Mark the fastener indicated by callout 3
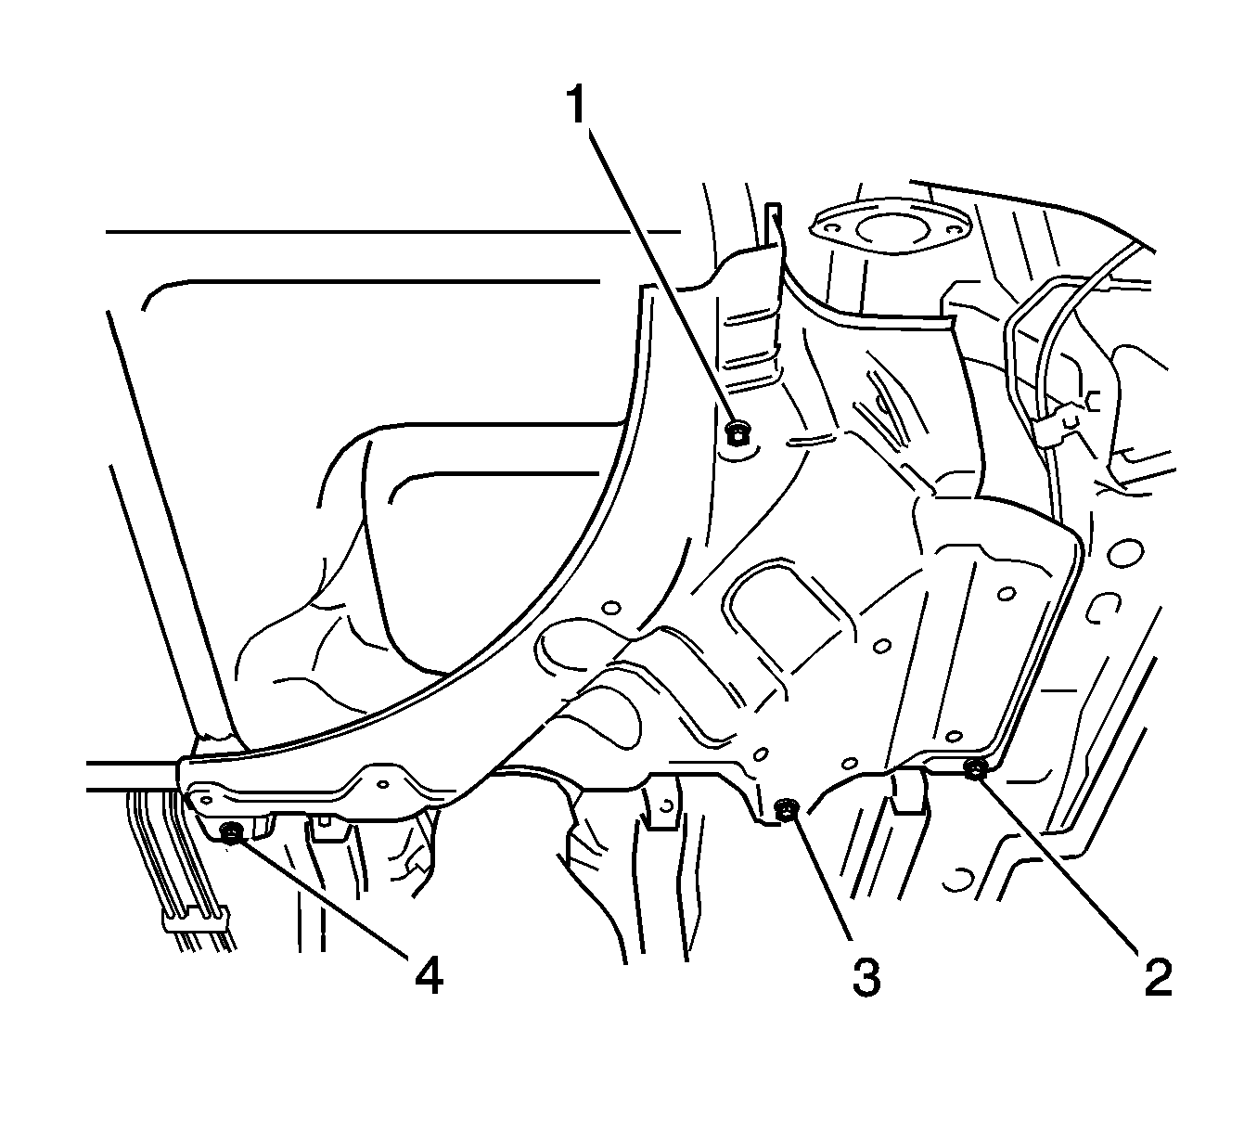pos(785,809)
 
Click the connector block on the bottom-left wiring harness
pos(194,920)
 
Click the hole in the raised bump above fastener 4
pos(380,783)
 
